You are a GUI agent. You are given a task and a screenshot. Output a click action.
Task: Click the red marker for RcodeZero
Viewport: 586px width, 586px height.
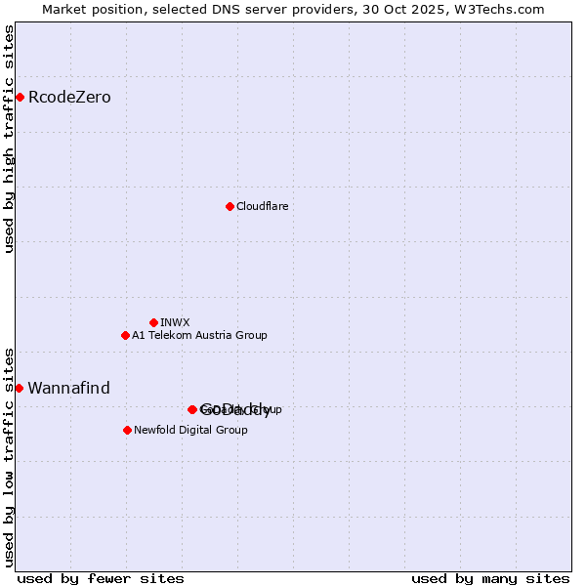coord(20,97)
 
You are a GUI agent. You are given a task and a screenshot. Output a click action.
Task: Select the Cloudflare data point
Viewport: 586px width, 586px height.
coord(230,206)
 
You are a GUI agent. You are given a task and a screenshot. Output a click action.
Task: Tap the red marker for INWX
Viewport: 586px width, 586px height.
coord(153,322)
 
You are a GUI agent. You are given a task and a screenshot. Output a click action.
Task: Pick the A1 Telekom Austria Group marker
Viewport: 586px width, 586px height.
coord(125,335)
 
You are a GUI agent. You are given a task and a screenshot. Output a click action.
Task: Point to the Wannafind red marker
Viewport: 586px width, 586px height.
coord(19,388)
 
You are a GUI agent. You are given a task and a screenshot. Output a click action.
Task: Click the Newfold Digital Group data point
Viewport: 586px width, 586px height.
coord(127,430)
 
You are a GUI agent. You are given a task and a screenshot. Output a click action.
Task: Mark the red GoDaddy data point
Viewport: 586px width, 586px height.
coord(192,409)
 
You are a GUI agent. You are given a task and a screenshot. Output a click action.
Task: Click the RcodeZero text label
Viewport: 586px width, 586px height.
coord(69,97)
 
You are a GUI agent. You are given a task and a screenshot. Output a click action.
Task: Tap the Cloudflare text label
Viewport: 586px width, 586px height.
coord(262,206)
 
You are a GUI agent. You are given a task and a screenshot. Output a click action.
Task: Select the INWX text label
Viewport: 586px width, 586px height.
coord(175,322)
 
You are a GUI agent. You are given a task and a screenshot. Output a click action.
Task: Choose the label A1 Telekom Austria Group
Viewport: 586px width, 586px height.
coord(199,335)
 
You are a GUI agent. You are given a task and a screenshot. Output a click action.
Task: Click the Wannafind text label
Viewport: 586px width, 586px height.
coord(68,388)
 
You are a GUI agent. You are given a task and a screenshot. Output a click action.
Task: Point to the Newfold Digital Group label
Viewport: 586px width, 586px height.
coord(190,430)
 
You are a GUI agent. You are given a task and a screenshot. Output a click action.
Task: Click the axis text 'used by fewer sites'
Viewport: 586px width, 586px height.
coord(101,578)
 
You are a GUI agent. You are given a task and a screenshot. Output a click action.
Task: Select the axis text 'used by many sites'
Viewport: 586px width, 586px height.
coord(490,578)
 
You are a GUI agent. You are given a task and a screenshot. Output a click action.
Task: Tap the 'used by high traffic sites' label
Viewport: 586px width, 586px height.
coord(10,139)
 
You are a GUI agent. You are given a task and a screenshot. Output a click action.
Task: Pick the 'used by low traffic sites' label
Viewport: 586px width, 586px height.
coord(10,456)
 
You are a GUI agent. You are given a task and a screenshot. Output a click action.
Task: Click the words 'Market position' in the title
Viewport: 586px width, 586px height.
coord(89,9)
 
